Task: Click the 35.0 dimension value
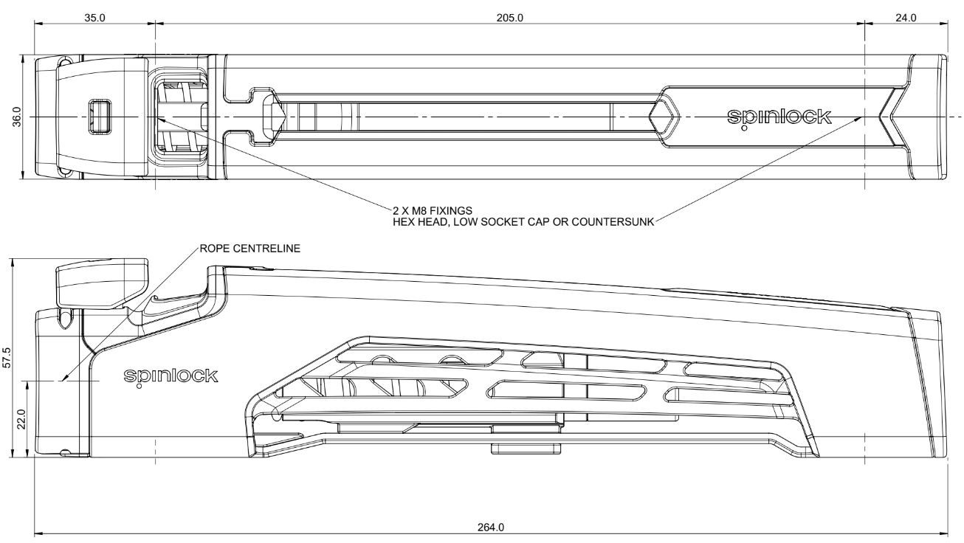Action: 94,18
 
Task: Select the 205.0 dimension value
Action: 509,18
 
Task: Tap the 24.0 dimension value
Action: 906,18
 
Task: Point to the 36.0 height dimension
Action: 17,117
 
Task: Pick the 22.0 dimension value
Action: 22,419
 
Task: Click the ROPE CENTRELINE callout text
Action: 250,249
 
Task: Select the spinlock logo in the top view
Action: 779,117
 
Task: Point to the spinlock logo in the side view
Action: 171,376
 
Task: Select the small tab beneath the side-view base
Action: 526,449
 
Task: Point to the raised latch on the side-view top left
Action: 102,280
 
